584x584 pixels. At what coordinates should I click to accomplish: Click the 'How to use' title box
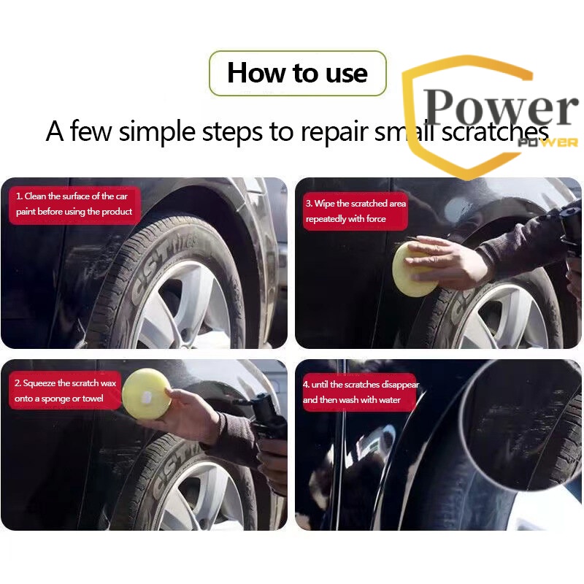298,73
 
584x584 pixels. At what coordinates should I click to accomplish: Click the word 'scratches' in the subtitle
495,131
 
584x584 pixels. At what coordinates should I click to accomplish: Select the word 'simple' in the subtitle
157,132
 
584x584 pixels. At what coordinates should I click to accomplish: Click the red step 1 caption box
74,205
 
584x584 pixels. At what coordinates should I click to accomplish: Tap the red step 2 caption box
65,391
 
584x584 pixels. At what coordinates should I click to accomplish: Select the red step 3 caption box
356,211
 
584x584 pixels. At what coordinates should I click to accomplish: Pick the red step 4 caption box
360,392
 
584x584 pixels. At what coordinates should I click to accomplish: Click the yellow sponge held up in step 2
146,394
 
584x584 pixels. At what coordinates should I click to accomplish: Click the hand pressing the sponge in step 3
447,264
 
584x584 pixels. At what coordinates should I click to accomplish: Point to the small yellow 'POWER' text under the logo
548,142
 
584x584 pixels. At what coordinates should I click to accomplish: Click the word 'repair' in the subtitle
334,133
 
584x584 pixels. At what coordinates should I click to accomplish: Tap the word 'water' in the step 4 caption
390,400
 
